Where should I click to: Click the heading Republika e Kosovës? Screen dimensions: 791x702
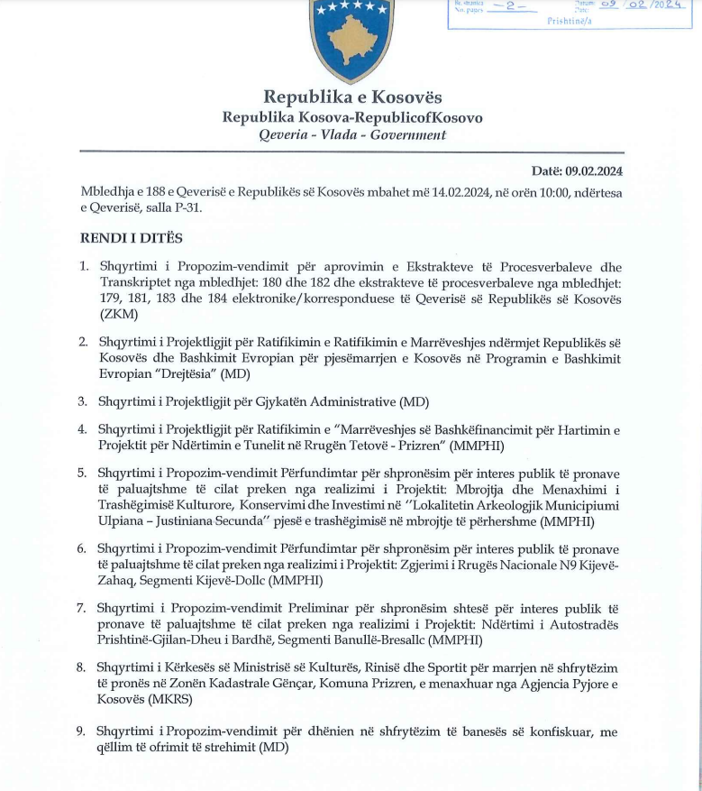(x=352, y=97)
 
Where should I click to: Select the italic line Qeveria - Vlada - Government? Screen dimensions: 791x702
(x=352, y=135)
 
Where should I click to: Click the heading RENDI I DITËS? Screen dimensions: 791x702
(x=132, y=238)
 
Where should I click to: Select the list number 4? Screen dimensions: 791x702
(x=82, y=429)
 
